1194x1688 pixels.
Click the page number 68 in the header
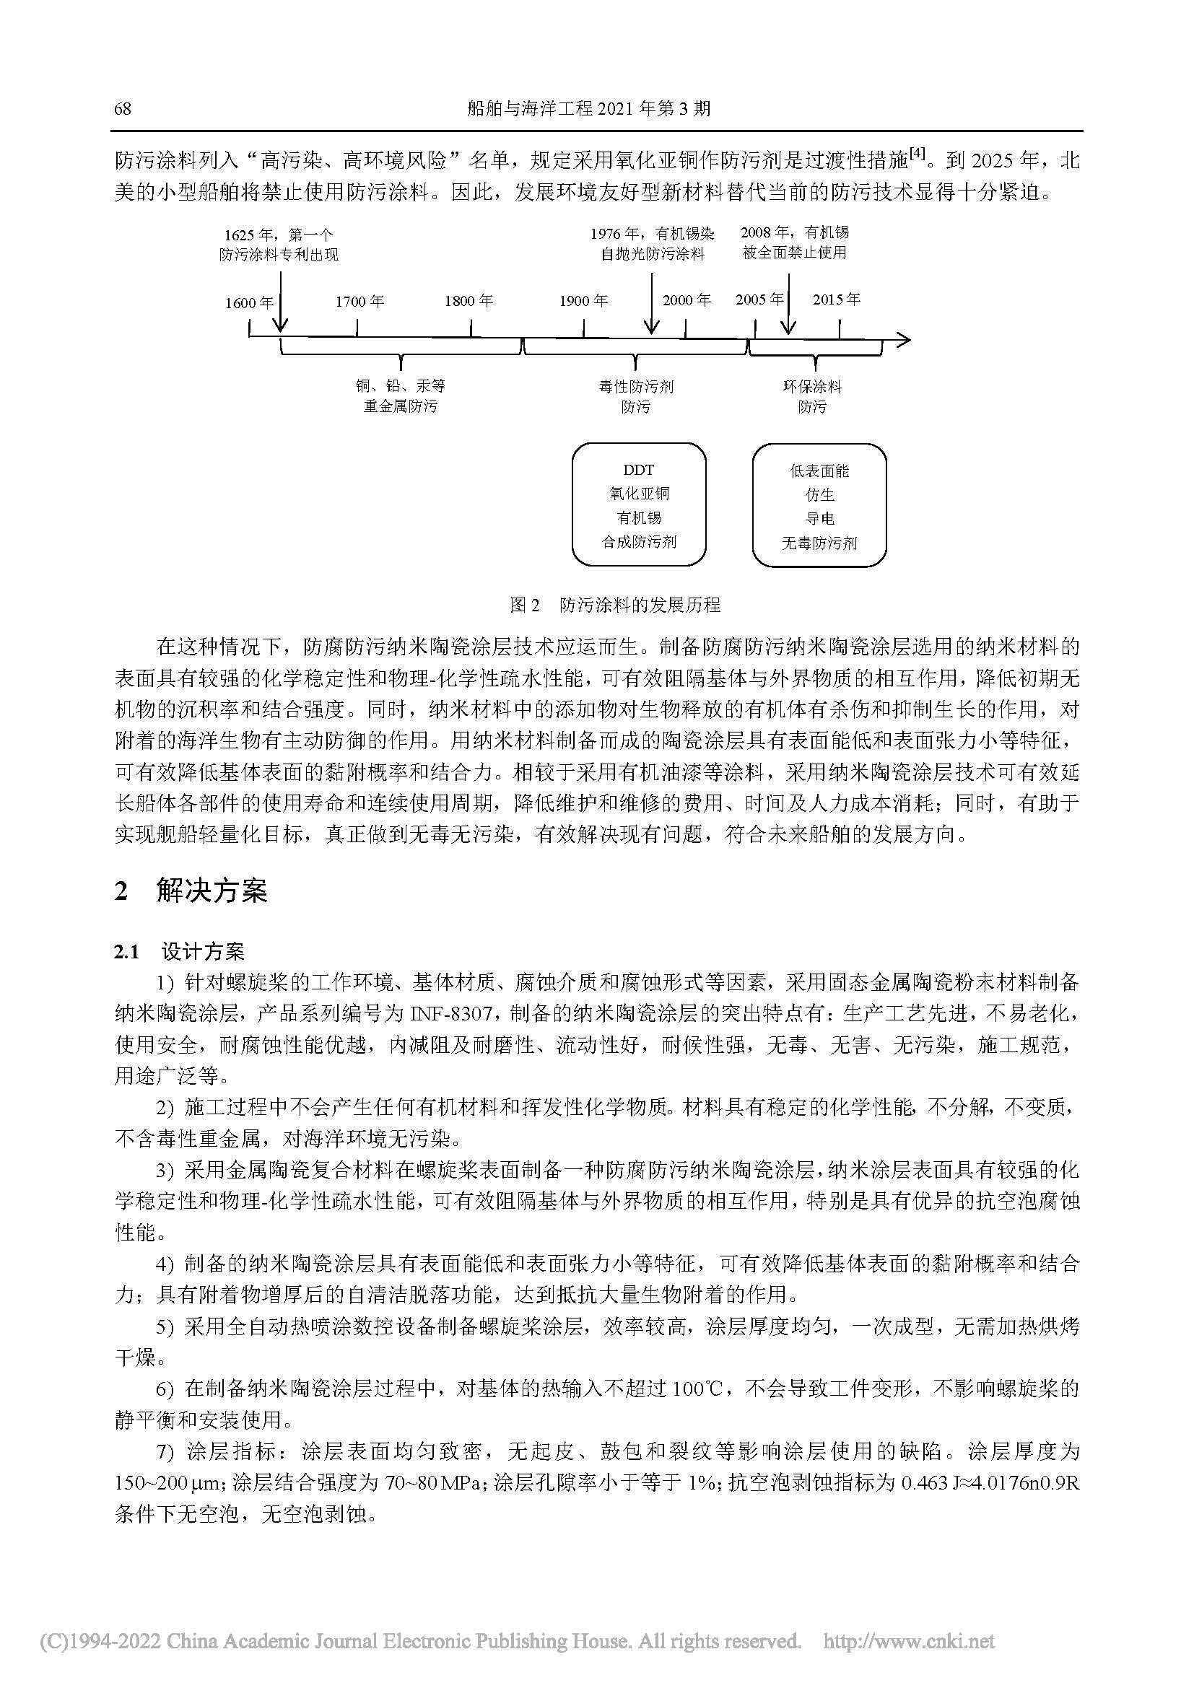click(123, 109)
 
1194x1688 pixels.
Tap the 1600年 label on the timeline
click(249, 303)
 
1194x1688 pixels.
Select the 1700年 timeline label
click(359, 302)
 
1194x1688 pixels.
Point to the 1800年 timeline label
click(469, 302)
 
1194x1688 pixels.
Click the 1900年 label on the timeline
click(583, 302)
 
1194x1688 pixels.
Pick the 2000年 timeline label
click(687, 300)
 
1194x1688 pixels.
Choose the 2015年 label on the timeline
click(836, 299)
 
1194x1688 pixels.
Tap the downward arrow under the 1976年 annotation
click(651, 305)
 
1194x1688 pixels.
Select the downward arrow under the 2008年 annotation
click(789, 305)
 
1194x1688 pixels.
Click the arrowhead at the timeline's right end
click(904, 340)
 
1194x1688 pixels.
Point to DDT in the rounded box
click(638, 471)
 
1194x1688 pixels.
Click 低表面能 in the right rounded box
click(819, 472)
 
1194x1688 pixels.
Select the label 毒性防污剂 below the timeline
click(636, 387)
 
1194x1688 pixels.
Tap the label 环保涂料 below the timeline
click(811, 387)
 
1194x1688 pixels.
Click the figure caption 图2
click(525, 605)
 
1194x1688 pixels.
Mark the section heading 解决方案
click(212, 891)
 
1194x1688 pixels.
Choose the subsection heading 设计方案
click(203, 952)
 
